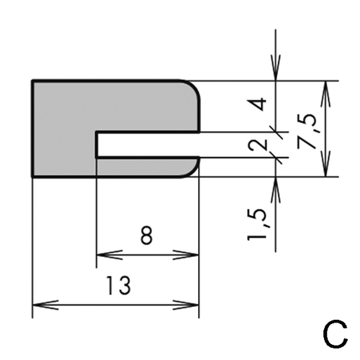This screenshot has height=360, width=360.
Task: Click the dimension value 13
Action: (119, 285)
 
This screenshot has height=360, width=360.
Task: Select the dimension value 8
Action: (146, 235)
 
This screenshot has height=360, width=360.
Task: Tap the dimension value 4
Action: (260, 104)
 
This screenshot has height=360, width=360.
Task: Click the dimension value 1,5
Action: (258, 225)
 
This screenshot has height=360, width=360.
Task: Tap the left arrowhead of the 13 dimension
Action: (45, 305)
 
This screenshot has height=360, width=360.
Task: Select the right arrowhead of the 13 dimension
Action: (186, 305)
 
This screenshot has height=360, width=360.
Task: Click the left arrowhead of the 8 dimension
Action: (109, 255)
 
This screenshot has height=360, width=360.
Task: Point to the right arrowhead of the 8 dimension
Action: (186, 255)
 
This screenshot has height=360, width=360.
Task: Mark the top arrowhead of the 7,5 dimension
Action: (325, 94)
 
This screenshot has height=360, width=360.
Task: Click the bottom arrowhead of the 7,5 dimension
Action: (325, 163)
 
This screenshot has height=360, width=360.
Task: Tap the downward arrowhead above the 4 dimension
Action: (276, 68)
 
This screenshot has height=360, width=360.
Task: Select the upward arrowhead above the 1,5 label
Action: (276, 190)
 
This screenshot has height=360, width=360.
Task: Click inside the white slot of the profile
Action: (148, 145)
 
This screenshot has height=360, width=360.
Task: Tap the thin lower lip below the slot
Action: (146, 168)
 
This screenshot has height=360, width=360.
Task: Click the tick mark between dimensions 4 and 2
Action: (276, 132)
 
